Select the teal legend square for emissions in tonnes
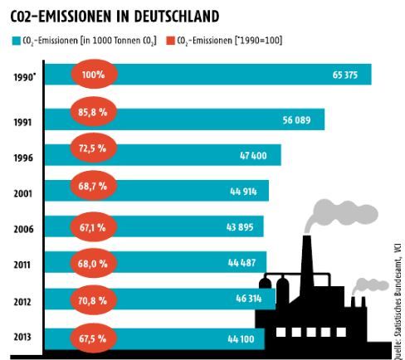click(16, 40)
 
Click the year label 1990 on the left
click(25, 75)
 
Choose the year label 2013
click(24, 338)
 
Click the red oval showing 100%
click(93, 75)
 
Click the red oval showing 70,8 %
click(93, 302)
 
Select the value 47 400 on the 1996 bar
click(259, 155)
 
